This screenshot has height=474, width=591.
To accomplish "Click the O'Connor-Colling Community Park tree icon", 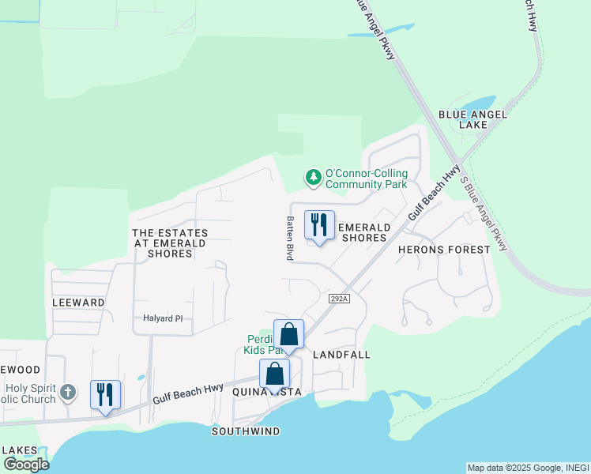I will point(314,178).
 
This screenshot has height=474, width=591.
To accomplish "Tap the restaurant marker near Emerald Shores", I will point(319,226).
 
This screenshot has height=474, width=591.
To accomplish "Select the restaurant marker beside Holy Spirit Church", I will point(105,395).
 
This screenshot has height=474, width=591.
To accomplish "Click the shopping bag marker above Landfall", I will point(288,335).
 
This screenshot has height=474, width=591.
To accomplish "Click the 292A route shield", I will point(338,298).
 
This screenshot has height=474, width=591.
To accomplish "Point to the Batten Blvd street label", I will point(290,238).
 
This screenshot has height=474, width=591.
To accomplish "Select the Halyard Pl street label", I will point(163,318).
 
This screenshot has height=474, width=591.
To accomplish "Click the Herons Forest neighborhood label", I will point(444,249).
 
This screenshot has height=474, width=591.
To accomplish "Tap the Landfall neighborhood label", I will point(341,355).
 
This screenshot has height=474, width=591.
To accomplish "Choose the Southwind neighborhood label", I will point(245,431).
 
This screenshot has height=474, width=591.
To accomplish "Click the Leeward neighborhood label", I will point(78,302).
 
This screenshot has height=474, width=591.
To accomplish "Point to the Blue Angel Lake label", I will point(472,119).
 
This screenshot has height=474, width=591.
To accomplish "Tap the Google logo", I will point(26,464).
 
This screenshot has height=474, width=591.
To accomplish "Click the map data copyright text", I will point(528,468).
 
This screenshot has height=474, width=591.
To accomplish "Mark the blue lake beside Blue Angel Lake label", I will point(478,103).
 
